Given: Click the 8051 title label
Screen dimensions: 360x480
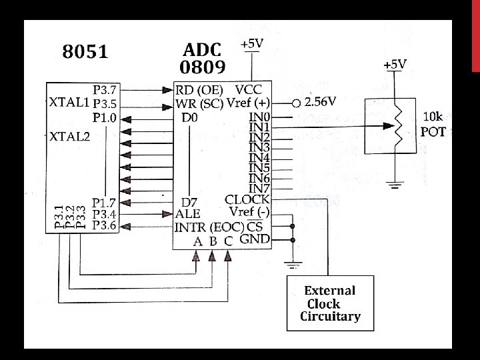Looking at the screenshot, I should [x=85, y=52].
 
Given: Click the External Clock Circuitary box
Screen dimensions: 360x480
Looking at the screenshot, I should [x=329, y=303].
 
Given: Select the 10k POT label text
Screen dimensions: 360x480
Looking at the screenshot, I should [x=433, y=124].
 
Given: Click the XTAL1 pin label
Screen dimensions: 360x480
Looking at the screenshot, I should [x=69, y=103].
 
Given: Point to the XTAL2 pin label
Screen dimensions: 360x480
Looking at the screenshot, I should [x=69, y=137].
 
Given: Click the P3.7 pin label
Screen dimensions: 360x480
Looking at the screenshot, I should [x=105, y=89].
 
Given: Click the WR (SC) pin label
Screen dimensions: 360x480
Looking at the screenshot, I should [x=199, y=104].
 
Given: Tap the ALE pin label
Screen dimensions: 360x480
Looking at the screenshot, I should [x=187, y=214].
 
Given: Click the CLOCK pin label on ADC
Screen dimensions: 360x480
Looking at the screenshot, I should [x=247, y=199].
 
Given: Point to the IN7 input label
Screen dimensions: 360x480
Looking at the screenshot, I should [x=259, y=189].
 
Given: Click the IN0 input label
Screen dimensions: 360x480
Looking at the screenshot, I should [x=259, y=117].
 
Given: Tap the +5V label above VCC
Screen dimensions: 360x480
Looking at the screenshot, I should [x=251, y=43].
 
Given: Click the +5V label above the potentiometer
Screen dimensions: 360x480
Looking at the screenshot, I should [x=395, y=65].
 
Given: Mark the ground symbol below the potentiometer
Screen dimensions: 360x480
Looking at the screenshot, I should [x=395, y=185].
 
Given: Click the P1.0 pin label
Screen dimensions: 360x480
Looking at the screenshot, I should [x=105, y=117].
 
